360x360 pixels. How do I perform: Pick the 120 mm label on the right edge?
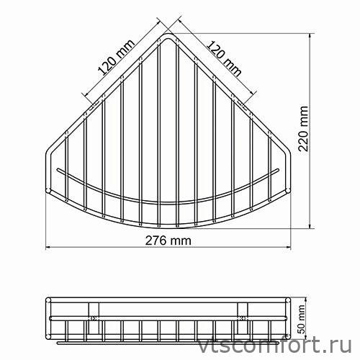point(224,56)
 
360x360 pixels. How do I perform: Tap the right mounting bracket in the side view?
point(243,315)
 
